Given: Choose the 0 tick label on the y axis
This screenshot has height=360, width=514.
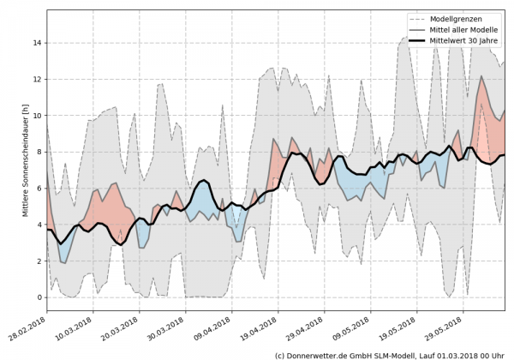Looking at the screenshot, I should [x=38, y=297].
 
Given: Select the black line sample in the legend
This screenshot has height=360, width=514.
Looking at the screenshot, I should [x=421, y=39].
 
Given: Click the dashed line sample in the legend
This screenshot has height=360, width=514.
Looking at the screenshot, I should [x=421, y=18].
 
